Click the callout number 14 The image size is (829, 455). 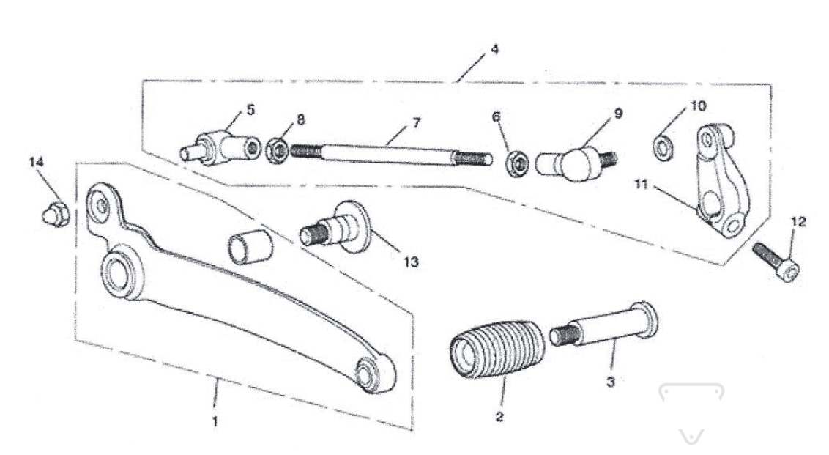[37, 161]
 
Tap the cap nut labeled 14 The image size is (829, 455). [56, 215]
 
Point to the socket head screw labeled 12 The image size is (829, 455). [776, 262]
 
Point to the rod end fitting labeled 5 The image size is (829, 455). [220, 147]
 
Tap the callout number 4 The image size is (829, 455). [494, 49]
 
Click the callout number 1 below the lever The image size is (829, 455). [215, 422]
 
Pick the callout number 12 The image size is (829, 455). [798, 222]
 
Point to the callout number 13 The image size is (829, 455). [411, 262]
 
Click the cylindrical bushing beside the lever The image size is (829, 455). [250, 245]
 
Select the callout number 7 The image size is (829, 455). [417, 123]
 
